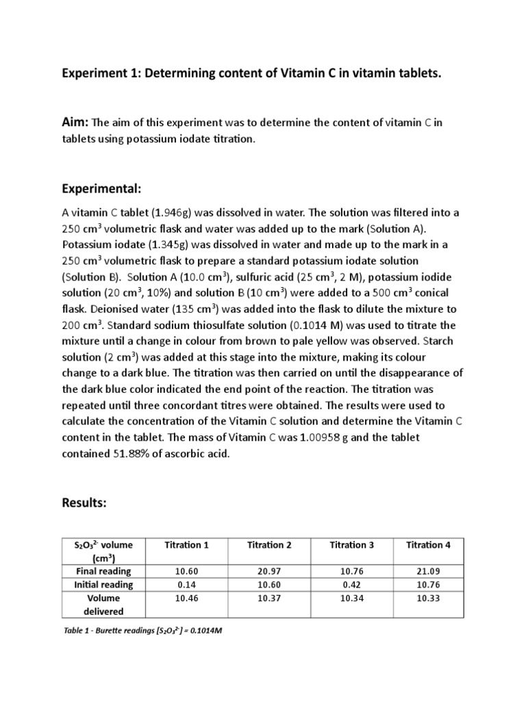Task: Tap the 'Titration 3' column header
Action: (352, 545)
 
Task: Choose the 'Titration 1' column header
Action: (187, 545)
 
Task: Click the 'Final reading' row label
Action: (103, 571)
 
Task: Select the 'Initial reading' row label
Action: (103, 584)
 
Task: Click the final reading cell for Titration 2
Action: (269, 571)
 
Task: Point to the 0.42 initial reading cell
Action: (352, 584)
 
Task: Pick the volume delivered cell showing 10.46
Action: (187, 598)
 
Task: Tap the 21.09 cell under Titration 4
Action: (428, 571)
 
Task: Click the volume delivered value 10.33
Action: (428, 598)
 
